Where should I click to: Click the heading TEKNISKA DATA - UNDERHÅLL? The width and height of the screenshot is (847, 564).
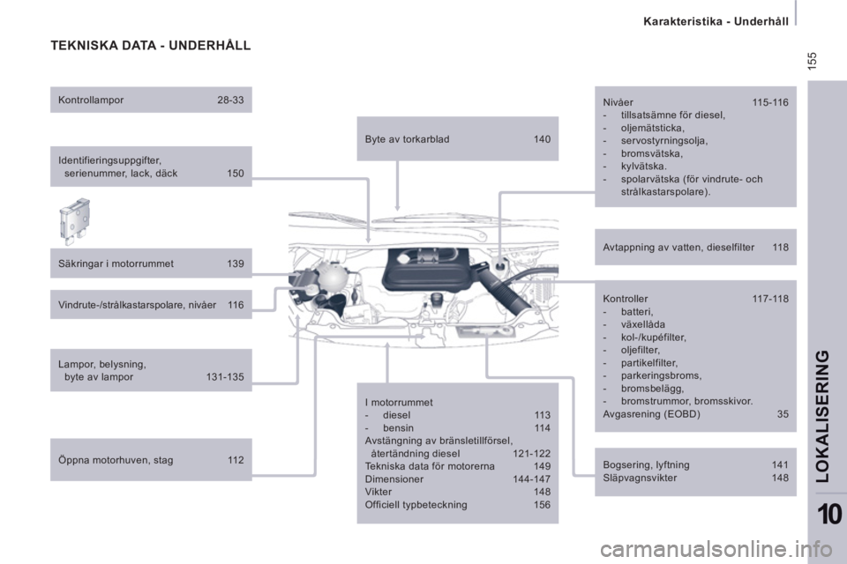[x=151, y=45]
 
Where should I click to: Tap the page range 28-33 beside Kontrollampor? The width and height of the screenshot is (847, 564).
[x=230, y=100]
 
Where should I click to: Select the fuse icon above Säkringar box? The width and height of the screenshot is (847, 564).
[x=74, y=221]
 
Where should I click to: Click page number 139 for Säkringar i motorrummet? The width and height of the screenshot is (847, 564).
[x=236, y=263]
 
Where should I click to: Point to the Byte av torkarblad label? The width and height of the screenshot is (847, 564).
[x=408, y=139]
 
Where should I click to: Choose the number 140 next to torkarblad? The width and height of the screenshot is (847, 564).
[x=543, y=139]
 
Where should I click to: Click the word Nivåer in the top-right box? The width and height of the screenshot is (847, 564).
[x=618, y=102]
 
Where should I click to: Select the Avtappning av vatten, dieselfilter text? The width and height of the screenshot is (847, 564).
[x=678, y=247]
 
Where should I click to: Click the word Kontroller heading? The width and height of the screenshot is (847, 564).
[x=626, y=299]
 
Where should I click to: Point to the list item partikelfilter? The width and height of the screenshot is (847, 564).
[x=649, y=363]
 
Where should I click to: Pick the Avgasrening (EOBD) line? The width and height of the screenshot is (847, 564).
[x=651, y=414]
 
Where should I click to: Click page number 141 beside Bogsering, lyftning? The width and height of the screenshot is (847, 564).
[x=780, y=464]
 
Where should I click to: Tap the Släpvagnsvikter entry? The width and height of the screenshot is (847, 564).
[x=640, y=478]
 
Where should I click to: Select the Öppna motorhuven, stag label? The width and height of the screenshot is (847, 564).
[x=116, y=460]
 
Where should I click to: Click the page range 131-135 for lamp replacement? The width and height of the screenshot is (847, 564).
[x=225, y=376]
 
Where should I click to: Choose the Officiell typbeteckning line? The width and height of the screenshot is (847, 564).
[x=416, y=505]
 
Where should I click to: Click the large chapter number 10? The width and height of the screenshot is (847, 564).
[x=829, y=514]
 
